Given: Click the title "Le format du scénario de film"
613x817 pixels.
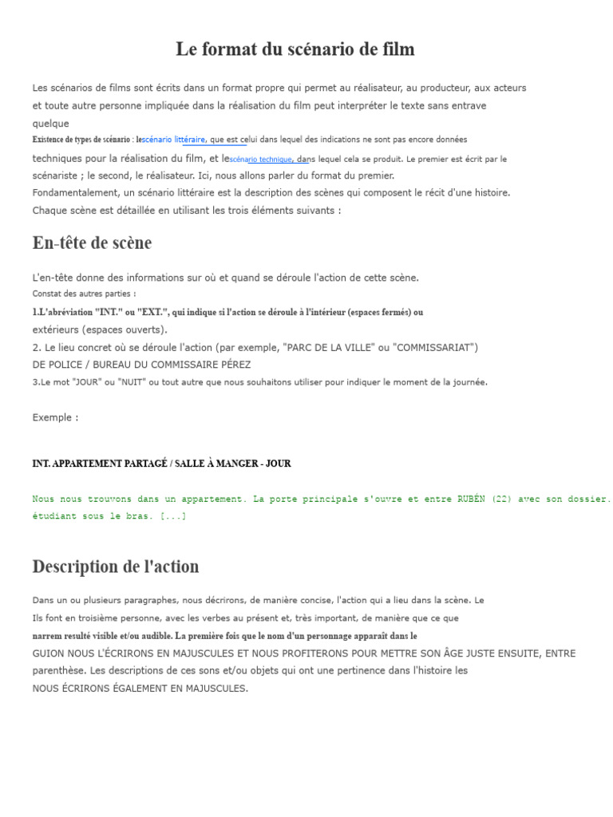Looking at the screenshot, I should click(295, 49).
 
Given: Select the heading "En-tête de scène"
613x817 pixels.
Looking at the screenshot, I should click(92, 243).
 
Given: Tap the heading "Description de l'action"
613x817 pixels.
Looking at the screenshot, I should click(116, 566).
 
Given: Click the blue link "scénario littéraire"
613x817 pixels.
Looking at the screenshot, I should click(173, 140).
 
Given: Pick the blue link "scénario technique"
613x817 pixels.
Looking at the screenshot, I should click(261, 160).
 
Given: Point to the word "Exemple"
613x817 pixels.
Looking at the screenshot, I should click(53, 417).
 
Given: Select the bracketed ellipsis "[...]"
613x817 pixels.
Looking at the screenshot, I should click(173, 516).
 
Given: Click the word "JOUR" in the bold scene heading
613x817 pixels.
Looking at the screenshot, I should click(278, 464).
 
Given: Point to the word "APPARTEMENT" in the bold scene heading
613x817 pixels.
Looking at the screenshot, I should click(86, 464).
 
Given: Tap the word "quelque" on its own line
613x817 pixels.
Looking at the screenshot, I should click(50, 124).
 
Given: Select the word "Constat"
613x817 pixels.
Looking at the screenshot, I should click(46, 294).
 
